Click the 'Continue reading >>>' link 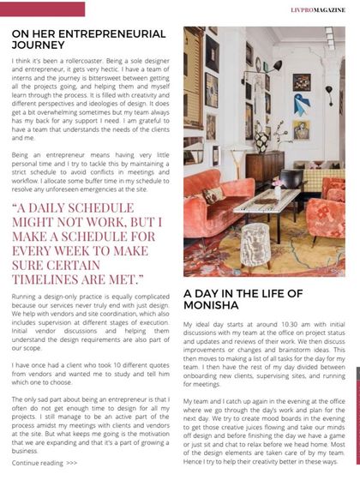tap(45, 462)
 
